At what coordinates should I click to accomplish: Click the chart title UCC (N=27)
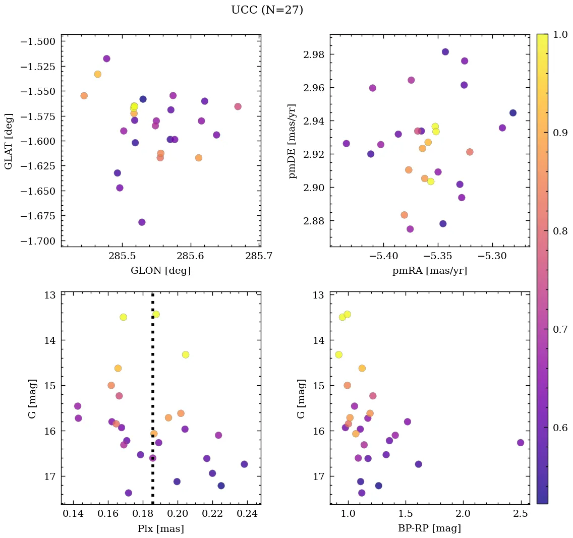coord(267,10)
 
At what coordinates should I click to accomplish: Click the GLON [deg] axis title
coord(160,271)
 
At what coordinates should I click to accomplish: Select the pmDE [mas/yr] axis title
coord(292,141)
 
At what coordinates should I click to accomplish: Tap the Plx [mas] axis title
coord(160,528)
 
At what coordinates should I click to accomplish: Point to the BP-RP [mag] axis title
coord(429,528)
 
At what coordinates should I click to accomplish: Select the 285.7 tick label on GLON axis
coord(260,256)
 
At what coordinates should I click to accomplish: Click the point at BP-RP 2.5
coord(521,443)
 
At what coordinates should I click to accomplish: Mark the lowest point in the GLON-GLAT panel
coord(142,222)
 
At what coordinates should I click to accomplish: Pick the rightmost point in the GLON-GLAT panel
coord(238,106)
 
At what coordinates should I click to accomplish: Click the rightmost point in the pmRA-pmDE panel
coord(512,113)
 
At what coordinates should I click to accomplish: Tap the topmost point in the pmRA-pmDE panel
coord(445,52)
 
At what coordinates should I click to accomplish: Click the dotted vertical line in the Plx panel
coord(153,383)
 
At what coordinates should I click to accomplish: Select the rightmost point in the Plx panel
coord(244,464)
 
